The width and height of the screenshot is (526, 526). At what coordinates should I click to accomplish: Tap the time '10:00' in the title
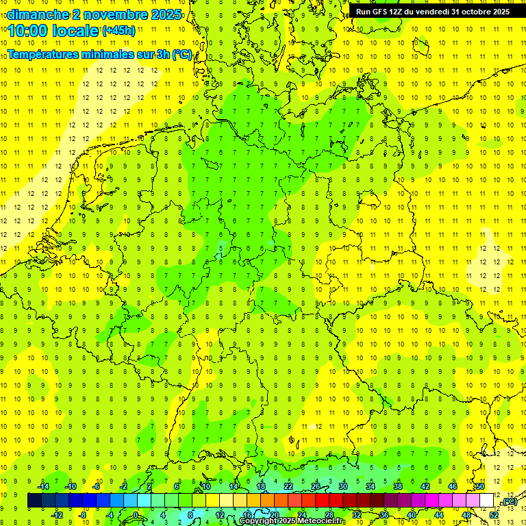[x=30, y=31]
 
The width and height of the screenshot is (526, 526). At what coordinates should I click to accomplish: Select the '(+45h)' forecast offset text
[x=118, y=31]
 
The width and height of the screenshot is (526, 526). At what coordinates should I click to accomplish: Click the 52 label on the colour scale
[x=494, y=515]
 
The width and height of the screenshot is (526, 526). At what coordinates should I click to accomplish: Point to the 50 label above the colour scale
[x=480, y=486]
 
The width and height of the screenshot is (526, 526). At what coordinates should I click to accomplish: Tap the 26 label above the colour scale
[x=316, y=486]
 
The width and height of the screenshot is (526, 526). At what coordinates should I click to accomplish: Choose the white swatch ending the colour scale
[x=486, y=501]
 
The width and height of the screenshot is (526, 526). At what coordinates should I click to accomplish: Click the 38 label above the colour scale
[x=398, y=486]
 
